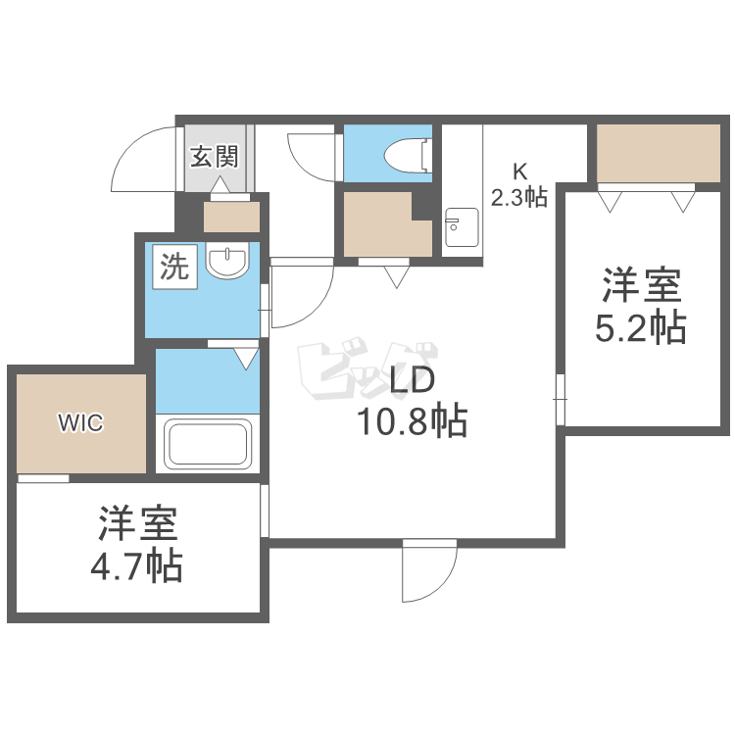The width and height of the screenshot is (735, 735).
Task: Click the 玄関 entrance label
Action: tap(215, 156)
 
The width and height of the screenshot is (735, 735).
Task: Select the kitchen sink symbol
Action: tap(462, 227)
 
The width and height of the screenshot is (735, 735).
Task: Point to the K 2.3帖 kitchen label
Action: tap(519, 184)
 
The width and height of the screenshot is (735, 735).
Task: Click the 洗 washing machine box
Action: tap(174, 267)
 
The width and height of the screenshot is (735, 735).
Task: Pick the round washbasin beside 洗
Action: tap(227, 260)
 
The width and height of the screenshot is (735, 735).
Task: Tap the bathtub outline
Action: tap(208, 444)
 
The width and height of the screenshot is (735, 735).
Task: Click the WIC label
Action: tap(80, 422)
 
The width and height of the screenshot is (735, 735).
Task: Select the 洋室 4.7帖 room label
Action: tap(137, 545)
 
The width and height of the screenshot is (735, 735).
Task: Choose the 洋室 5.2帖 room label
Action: tap(641, 306)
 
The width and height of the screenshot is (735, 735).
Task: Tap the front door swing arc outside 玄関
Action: tap(133, 148)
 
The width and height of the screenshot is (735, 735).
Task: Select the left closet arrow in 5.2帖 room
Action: tap(610, 202)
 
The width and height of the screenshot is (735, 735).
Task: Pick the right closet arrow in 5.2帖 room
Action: tap(683, 202)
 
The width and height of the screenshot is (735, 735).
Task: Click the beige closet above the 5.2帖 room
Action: tap(659, 153)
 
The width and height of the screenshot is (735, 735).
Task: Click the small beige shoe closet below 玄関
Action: tap(231, 217)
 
